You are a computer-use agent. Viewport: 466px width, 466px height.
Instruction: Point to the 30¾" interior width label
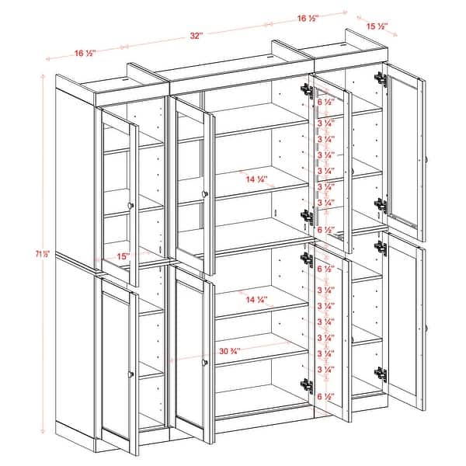pyautogui.click(x=228, y=351)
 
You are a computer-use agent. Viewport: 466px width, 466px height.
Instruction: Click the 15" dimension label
pyautogui.click(x=121, y=255)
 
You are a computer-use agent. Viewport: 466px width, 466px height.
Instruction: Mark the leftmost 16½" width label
pyautogui.click(x=85, y=53)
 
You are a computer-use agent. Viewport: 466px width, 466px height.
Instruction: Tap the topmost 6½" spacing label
pyautogui.click(x=327, y=102)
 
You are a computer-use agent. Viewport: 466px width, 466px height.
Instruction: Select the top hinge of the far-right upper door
pyautogui.click(x=381, y=79)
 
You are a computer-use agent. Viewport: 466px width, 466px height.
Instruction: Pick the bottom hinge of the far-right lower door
pyautogui.click(x=381, y=374)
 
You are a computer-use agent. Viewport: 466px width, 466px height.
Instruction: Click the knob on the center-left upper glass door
pyautogui.click(x=203, y=193)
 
